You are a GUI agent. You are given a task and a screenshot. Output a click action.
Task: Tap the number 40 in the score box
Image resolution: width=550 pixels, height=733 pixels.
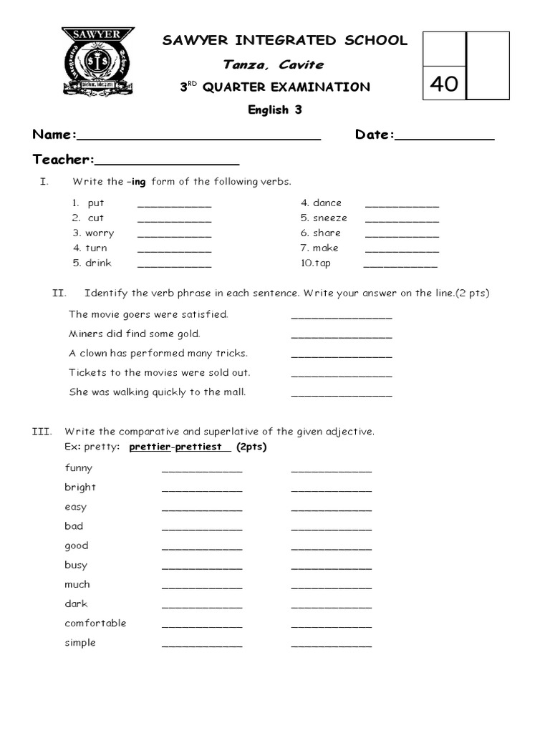tap(444, 84)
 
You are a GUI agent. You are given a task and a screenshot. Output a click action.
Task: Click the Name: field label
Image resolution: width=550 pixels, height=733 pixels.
tap(54, 135)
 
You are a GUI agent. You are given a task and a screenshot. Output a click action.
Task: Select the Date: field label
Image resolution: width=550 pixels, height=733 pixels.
tap(375, 135)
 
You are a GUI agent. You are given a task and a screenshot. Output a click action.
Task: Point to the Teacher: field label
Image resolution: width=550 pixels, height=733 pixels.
tap(63, 159)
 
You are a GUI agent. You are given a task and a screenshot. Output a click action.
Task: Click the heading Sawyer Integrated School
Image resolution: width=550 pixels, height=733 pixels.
tap(285, 41)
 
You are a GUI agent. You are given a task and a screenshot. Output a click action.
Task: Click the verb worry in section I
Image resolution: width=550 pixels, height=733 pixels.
tap(100, 233)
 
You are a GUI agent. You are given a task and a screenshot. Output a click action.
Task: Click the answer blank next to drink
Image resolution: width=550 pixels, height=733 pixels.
tap(174, 264)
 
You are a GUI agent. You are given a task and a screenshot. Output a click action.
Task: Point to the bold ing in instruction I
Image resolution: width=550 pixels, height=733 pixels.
tap(138, 182)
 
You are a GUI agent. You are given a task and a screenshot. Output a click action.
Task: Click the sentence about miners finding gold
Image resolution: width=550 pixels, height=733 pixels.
tap(135, 334)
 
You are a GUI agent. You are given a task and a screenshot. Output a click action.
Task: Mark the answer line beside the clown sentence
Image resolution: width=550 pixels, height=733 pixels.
tap(342, 354)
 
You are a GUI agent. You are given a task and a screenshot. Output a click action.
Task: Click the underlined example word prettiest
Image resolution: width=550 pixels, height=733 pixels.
tap(199, 447)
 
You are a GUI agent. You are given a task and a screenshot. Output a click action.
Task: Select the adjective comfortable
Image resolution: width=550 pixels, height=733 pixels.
tap(95, 623)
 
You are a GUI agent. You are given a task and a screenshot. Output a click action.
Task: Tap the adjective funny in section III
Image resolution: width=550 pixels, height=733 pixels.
tap(79, 467)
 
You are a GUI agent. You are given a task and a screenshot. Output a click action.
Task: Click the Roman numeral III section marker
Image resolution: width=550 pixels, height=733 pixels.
tap(41, 432)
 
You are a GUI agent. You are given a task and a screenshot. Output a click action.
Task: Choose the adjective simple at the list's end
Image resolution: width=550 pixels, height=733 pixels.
tap(80, 643)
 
